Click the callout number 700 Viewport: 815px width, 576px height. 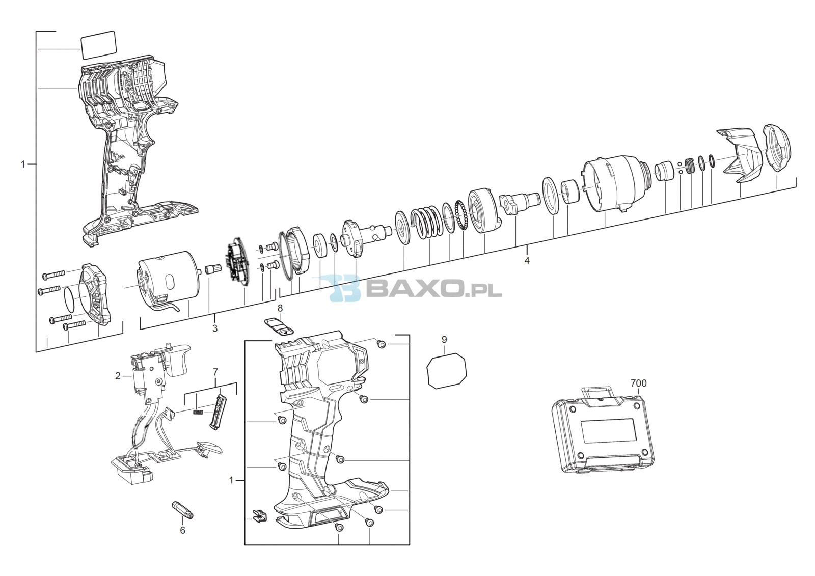(x=639, y=383)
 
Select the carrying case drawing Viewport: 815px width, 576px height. (x=603, y=431)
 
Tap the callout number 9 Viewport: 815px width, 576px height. (x=444, y=340)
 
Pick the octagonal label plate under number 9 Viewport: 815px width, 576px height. (x=446, y=370)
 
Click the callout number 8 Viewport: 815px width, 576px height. (x=280, y=308)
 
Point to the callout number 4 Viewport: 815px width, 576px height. (x=527, y=260)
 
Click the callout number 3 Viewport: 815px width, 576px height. (x=214, y=328)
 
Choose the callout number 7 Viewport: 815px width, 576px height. (x=215, y=372)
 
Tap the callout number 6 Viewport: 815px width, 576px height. (x=183, y=530)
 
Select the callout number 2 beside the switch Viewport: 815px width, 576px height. (x=118, y=376)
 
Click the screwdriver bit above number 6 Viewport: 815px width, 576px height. (x=182, y=509)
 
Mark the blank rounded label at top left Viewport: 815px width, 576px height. (x=98, y=45)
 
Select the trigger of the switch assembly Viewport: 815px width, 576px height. (x=176, y=360)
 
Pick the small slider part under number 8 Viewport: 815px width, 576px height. (x=279, y=326)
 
